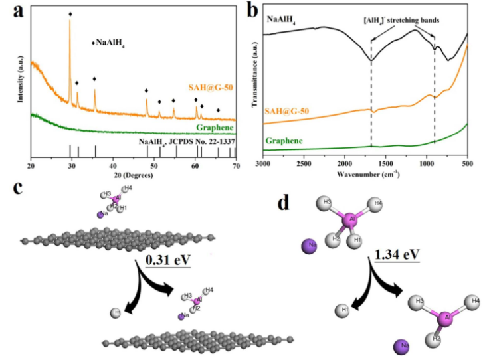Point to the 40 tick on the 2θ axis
tap(113, 164)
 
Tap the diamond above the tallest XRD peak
tap(70, 13)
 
